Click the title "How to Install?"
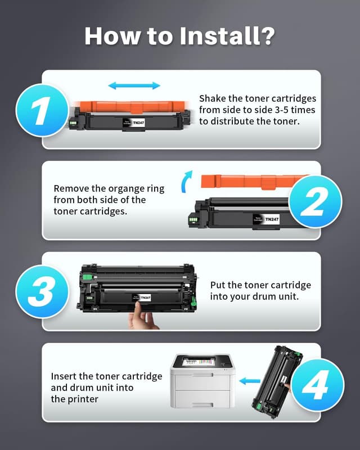coord(180,35)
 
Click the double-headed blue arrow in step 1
coord(134,85)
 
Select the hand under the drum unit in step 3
coord(143,319)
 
